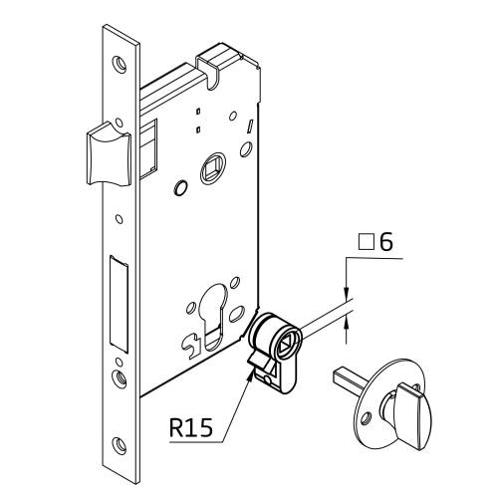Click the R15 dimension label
click(190, 427)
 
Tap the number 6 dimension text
click(386, 241)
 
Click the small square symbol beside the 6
click(367, 242)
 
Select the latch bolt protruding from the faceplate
click(109, 154)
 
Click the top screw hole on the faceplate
click(119, 64)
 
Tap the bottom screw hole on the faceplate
click(120, 445)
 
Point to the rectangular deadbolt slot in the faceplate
click(119, 304)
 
